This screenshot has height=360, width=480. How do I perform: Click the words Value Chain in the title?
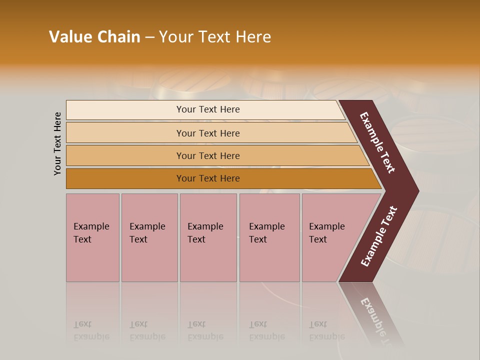coord(94,37)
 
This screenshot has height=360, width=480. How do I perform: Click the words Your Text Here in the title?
coord(215,37)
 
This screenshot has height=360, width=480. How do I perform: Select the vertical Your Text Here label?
coord(57,143)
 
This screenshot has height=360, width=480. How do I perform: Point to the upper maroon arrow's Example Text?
coord(377,143)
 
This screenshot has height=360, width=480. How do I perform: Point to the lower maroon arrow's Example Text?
coord(378,236)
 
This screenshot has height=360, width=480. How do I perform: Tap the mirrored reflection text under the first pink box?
coord(91,330)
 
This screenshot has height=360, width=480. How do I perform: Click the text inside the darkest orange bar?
coord(208,178)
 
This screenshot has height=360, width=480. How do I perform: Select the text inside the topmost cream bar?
coord(208,109)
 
